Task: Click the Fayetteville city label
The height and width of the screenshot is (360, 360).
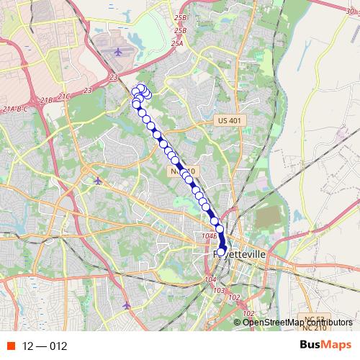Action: (x=238, y=254)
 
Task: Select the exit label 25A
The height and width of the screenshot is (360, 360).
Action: (x=177, y=43)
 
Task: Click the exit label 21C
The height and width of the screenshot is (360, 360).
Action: (x=66, y=96)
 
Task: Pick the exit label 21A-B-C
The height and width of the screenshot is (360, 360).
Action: (x=15, y=109)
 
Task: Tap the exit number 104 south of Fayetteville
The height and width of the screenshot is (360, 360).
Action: (x=210, y=279)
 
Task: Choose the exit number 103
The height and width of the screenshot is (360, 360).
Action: (x=219, y=290)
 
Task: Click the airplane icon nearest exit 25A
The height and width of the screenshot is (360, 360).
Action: (x=119, y=52)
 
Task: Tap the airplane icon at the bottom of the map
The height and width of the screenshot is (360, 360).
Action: (x=127, y=305)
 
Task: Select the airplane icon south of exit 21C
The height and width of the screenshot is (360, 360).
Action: (x=99, y=180)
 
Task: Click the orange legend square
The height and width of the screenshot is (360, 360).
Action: (x=9, y=346)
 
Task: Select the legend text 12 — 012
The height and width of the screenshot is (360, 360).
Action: (x=45, y=346)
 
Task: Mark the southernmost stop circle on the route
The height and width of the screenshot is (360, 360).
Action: (x=222, y=250)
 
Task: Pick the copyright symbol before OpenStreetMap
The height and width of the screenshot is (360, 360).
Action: (x=238, y=322)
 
